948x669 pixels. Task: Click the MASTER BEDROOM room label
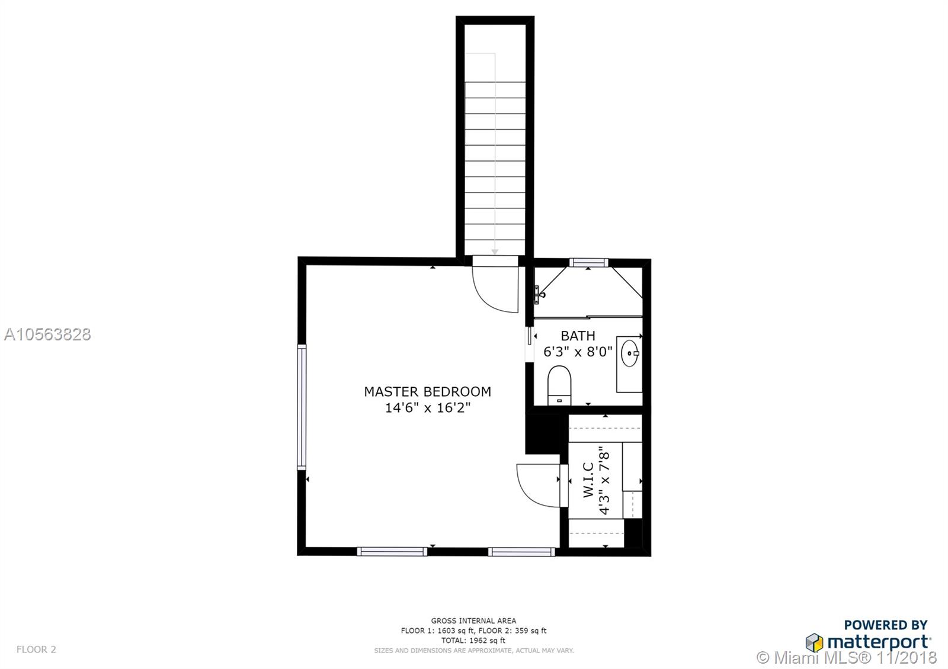coord(427,391)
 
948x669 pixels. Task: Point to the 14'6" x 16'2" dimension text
coord(427,408)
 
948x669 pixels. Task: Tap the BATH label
coord(578,336)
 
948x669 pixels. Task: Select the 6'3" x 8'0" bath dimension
coord(578,352)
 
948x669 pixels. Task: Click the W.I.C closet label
coord(589,480)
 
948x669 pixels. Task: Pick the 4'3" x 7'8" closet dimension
coord(604,480)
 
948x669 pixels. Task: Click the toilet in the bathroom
coord(559,385)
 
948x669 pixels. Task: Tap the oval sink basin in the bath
coord(629,353)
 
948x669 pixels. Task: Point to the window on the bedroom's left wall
coord(302,407)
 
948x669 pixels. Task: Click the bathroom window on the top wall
coord(588,263)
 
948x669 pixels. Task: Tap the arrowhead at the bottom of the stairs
coord(495,252)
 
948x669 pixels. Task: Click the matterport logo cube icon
coord(814,643)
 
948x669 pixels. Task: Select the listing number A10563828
coord(47,335)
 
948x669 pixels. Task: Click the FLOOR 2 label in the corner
coord(36,649)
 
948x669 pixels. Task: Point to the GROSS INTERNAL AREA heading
coord(473,621)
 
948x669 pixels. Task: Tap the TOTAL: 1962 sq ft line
coord(473,640)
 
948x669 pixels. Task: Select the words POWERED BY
coord(886,625)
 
